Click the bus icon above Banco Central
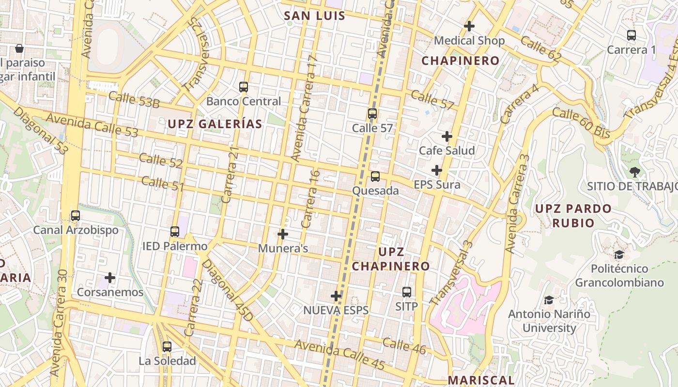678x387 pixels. pos(244,87)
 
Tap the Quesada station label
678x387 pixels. pos(375,191)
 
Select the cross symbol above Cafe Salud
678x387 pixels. pos(447,136)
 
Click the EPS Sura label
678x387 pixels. pos(437,185)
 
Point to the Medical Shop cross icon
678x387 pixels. pos(469,26)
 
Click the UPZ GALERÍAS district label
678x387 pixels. pos(215,124)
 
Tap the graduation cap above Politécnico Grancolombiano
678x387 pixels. pos(619,254)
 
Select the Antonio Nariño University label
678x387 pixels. pos(549,321)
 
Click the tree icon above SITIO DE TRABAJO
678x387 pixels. pos(634,172)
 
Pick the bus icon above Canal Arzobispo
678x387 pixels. pos(76,216)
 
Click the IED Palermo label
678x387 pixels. pos(175,246)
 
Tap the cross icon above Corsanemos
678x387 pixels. pos(110,278)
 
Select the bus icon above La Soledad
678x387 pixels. pos(167,346)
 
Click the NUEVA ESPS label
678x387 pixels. pos(336,310)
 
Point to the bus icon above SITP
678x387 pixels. pos(407,292)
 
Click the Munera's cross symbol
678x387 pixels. pos(283,234)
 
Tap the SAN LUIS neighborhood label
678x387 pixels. pos(314,15)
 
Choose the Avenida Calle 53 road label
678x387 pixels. pos(92,125)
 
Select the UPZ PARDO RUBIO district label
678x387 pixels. pos(573,216)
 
